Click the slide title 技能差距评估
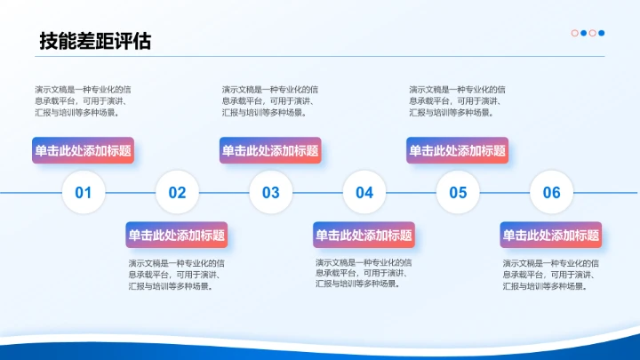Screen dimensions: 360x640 click(x=95, y=41)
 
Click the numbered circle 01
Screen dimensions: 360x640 click(x=84, y=192)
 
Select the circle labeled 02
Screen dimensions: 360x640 click(x=177, y=192)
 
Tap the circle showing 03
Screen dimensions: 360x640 click(x=270, y=192)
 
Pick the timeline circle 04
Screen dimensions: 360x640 click(x=364, y=192)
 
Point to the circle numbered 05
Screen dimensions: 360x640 click(x=458, y=192)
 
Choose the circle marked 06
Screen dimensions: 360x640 click(x=551, y=192)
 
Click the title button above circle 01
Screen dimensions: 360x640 click(x=84, y=151)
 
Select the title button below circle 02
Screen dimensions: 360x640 click(x=177, y=236)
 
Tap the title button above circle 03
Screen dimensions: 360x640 click(x=270, y=151)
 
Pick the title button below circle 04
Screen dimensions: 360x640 click(x=364, y=236)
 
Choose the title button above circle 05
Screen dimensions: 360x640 click(x=458, y=151)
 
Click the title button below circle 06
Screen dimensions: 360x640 click(x=551, y=236)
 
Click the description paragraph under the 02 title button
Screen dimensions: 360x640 click(x=177, y=275)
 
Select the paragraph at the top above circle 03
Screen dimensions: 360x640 click(x=270, y=100)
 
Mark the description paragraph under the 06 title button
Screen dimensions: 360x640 click(x=551, y=275)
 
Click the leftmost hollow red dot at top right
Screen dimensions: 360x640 click(x=575, y=34)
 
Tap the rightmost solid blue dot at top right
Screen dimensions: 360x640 click(x=602, y=34)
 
